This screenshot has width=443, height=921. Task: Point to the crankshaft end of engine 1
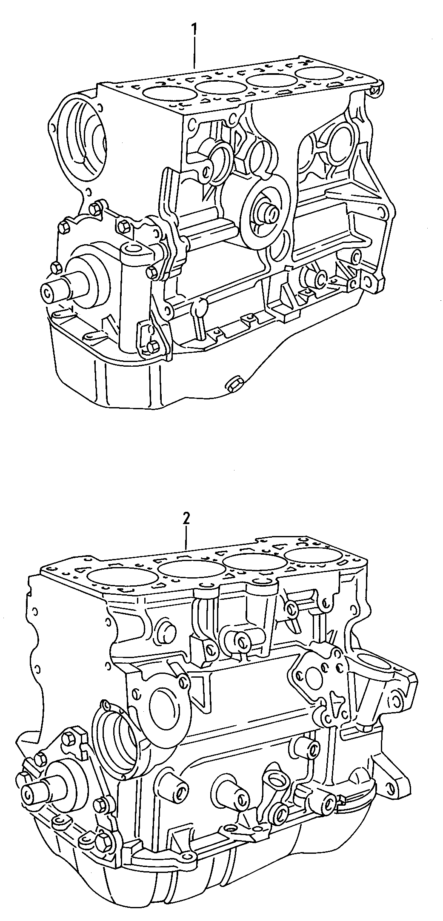(48, 292)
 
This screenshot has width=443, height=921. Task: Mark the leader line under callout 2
(186, 536)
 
